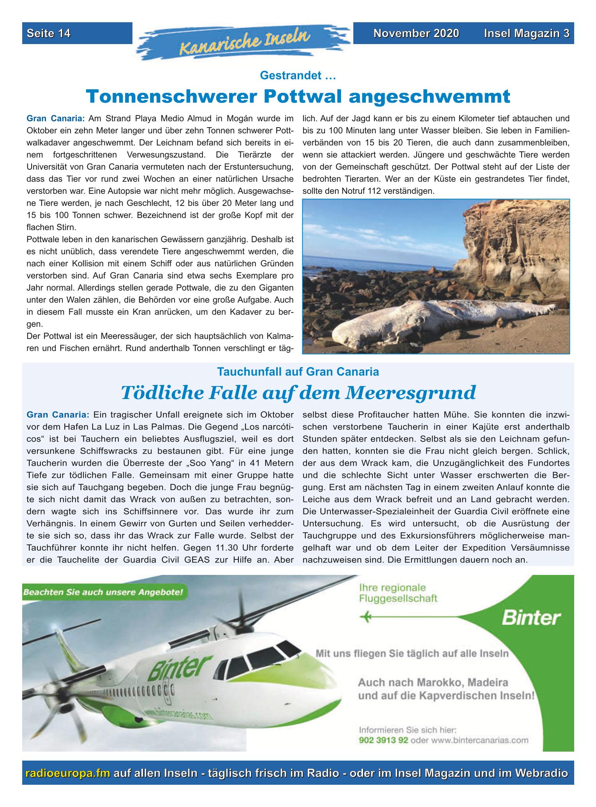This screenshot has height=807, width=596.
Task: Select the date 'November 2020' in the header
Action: [x=416, y=34]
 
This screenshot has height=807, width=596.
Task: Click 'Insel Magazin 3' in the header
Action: [x=527, y=34]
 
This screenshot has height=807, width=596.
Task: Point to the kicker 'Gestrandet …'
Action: [x=298, y=76]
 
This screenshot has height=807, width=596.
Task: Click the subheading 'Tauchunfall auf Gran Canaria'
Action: [x=298, y=372]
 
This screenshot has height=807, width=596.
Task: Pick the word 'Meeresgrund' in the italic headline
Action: [x=410, y=392]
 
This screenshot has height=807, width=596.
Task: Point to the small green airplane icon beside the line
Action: [x=366, y=617]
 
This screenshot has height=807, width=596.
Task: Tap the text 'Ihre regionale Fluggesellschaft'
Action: [x=398, y=593]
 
